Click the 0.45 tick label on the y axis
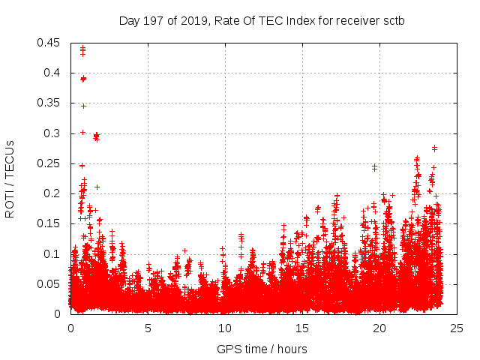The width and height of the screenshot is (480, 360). point(51,43)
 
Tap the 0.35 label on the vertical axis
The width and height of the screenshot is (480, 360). point(51,103)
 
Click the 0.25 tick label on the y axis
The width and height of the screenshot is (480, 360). point(51,163)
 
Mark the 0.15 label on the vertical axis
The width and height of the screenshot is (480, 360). point(51,223)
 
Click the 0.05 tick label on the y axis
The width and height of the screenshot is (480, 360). point(51,284)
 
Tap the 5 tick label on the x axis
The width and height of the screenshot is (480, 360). point(148,328)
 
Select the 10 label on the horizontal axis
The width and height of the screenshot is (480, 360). point(225,328)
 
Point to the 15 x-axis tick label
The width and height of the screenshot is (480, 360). point(302,328)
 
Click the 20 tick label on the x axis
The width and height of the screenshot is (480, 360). point(379,328)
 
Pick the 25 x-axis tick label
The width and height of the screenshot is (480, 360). point(457,328)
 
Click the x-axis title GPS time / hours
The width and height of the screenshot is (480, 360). point(262,349)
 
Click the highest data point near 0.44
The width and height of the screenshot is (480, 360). point(82,48)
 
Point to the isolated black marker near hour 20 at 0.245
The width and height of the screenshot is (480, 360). point(374,166)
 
